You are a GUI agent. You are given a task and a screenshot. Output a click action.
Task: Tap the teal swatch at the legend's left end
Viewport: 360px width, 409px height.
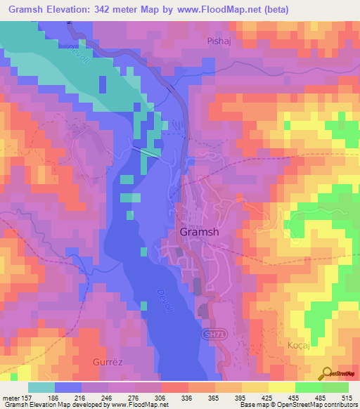(41, 387)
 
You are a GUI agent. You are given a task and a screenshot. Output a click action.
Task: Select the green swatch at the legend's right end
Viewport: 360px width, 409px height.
(336, 387)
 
